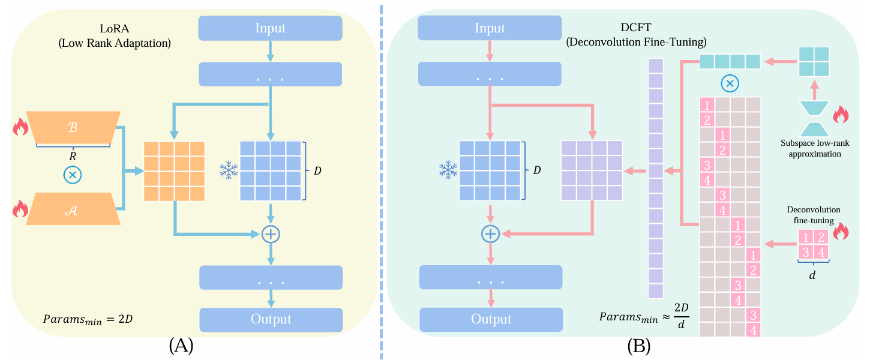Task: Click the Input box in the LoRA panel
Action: pyautogui.click(x=270, y=28)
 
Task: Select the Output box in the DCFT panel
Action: pyautogui.click(x=491, y=319)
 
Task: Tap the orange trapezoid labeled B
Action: pyautogui.click(x=73, y=128)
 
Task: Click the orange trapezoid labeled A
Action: pyautogui.click(x=73, y=209)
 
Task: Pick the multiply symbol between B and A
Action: pyautogui.click(x=73, y=175)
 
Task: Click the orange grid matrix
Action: pyautogui.click(x=174, y=171)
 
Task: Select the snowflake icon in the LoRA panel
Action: pyautogui.click(x=229, y=171)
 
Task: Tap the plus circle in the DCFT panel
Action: pyautogui.click(x=491, y=233)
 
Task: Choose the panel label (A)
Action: pyautogui.click(x=181, y=346)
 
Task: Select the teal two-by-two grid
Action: pyautogui.click(x=813, y=62)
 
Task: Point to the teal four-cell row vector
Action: pyautogui.click(x=730, y=62)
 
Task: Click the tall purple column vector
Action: pyautogui.click(x=656, y=178)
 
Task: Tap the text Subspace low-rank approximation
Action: pyautogui.click(x=814, y=148)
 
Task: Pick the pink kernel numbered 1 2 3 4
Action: pyautogui.click(x=814, y=244)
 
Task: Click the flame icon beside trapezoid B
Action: pyautogui.click(x=21, y=127)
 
